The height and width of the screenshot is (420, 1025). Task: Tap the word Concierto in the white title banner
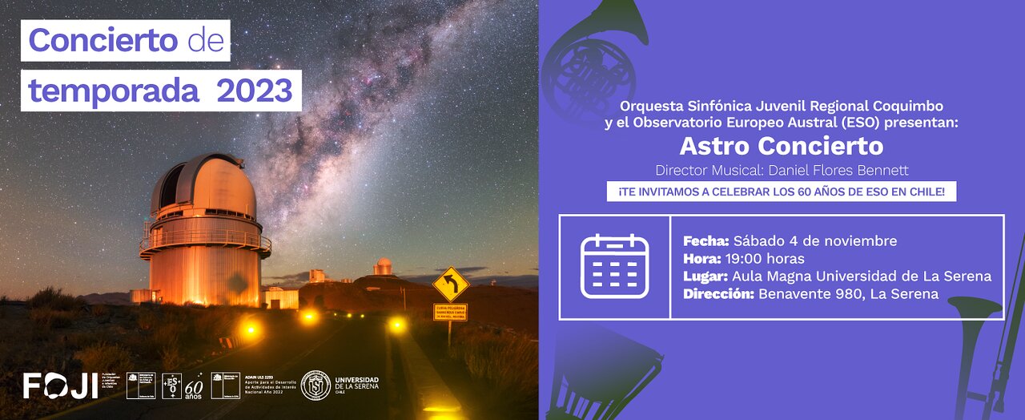(x=102, y=40)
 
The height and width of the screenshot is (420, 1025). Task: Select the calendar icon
(x=614, y=267)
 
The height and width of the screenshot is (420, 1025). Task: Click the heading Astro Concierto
(x=781, y=146)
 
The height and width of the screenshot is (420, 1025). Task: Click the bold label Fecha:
(x=704, y=241)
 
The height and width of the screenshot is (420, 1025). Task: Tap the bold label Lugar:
(x=705, y=277)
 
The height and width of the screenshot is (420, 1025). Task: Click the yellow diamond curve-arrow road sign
(x=450, y=284)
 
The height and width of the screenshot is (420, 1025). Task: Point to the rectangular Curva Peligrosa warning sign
(x=450, y=312)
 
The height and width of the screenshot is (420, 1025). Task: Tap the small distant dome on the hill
(x=384, y=266)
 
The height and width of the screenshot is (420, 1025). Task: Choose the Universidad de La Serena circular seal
(x=315, y=386)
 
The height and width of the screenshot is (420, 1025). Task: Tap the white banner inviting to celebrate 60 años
(x=781, y=192)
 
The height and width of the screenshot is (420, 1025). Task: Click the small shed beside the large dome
(x=281, y=298)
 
